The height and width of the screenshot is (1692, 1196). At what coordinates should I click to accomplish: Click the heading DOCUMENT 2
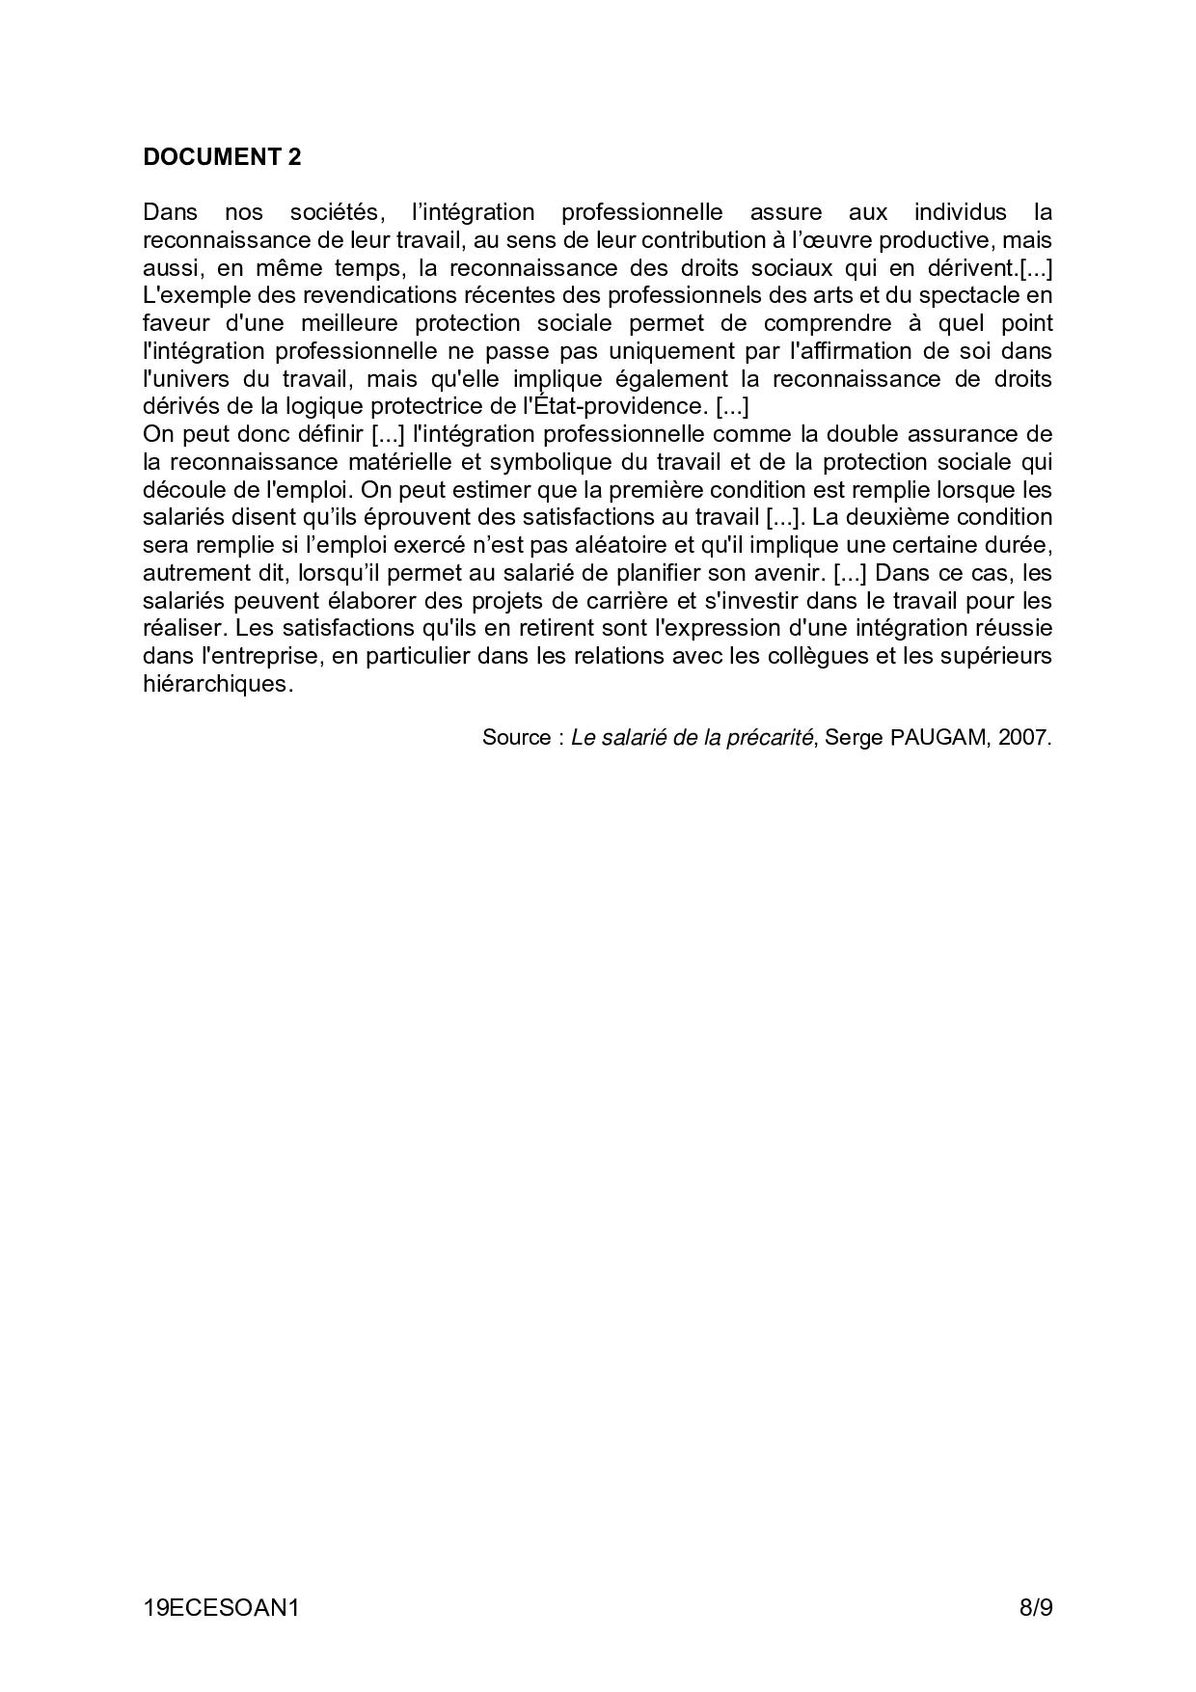coord(222,157)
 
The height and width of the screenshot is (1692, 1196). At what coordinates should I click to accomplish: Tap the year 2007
coord(1024,738)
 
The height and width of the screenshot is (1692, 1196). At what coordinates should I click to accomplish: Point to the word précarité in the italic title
coord(768,738)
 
